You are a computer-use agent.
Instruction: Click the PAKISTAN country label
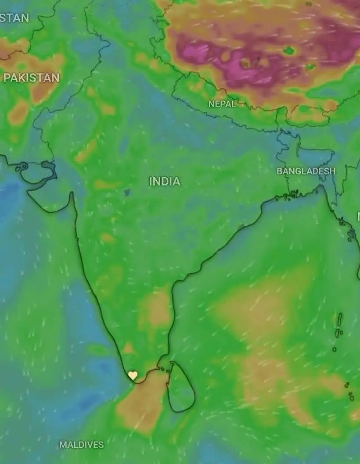31,78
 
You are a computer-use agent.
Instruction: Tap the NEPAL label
222,104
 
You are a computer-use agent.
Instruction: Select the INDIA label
165,181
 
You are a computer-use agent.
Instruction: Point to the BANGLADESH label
306,171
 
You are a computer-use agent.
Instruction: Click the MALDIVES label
82,445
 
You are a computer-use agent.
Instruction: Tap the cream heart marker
133,375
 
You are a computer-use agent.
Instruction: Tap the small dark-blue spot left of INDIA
127,192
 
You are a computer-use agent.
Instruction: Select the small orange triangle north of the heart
128,349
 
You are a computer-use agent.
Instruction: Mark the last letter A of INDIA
176,181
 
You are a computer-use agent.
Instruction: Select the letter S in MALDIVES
101,445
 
